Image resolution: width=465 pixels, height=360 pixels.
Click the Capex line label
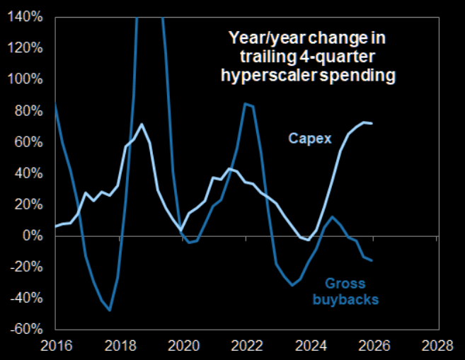coord(309,138)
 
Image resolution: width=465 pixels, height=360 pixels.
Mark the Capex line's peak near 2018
coord(142,124)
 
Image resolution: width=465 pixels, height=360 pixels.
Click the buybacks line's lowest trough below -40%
coord(110,310)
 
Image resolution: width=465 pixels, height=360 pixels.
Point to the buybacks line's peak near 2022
coord(245,104)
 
